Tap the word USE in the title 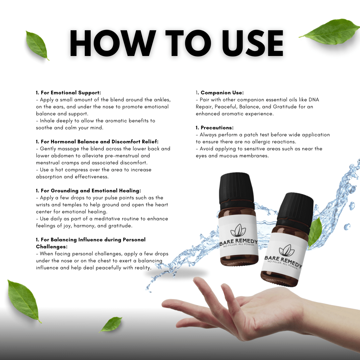(248, 43)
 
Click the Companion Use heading (222, 93)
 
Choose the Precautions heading (217, 128)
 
